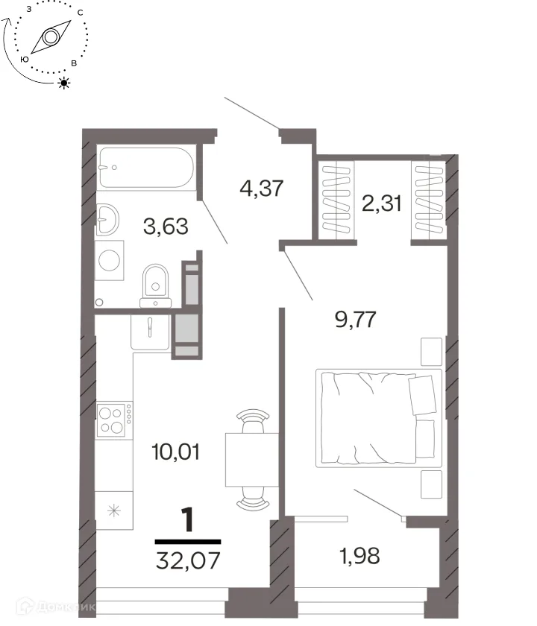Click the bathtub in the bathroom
click(x=146, y=168)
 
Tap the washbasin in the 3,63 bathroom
click(x=107, y=219)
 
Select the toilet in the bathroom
click(x=155, y=285)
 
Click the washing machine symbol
click(x=109, y=260)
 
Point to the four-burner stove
click(x=114, y=419)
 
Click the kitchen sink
click(x=150, y=332)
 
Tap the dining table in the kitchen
click(x=252, y=460)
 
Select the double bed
click(x=379, y=418)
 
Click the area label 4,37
click(x=262, y=188)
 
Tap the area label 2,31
click(x=382, y=203)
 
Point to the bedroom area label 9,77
click(x=356, y=320)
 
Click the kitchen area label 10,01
click(x=176, y=452)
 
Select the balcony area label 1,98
click(x=359, y=555)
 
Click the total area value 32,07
click(x=188, y=560)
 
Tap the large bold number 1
click(x=187, y=519)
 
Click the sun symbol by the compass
click(x=63, y=83)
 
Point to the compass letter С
click(x=81, y=13)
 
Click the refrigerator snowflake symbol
click(x=114, y=510)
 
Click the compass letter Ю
click(x=25, y=59)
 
